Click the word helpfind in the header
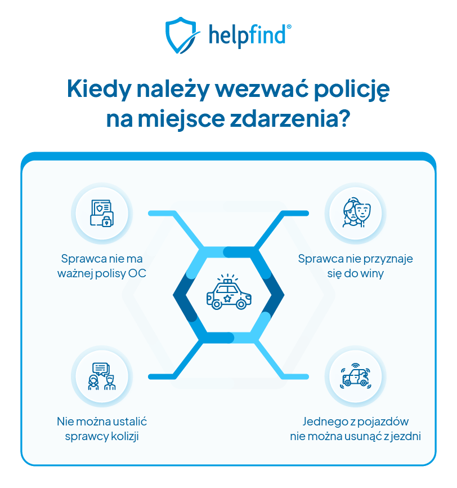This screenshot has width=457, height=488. pos(250,35)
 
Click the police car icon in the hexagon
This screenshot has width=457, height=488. pos(228,294)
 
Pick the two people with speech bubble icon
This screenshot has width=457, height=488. pos(102,376)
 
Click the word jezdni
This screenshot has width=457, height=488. pos(406,436)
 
